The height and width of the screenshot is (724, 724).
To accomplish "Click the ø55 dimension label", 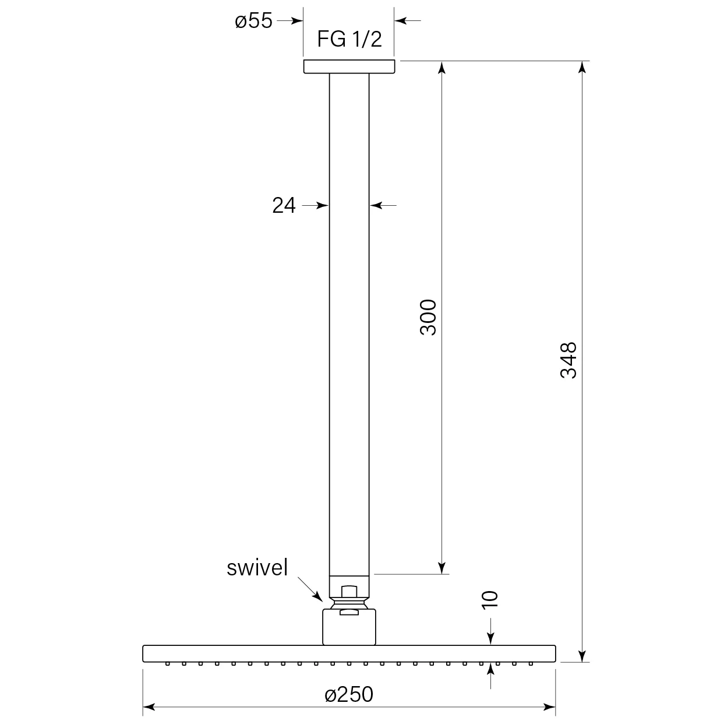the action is point(253,20).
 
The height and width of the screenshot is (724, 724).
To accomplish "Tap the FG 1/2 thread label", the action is point(349,39).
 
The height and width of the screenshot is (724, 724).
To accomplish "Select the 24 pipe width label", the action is point(284,206).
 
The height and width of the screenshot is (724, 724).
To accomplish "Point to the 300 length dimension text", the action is point(428,317).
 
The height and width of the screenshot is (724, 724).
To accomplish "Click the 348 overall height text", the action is point(568,360).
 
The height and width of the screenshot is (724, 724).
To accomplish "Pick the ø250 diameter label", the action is point(349,695).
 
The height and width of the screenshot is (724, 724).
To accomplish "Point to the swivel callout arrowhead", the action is point(319,597).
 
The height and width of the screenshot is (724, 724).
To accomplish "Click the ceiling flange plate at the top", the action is point(349,66).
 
